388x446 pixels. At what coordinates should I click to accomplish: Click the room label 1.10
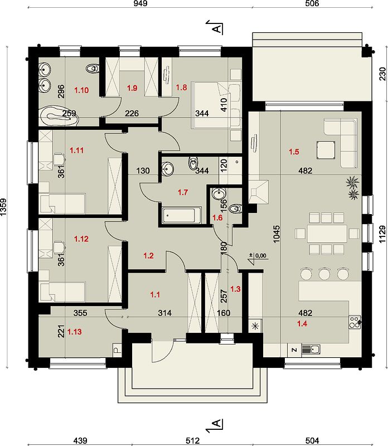(81, 90)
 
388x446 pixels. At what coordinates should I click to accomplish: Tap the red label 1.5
(294, 152)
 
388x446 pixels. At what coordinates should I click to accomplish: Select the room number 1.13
(75, 332)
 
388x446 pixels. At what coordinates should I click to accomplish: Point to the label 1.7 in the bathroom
(183, 192)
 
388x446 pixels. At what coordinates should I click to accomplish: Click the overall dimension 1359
(4, 207)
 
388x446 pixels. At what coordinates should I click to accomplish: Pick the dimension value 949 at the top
(140, 3)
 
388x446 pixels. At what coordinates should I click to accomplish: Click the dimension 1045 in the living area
(277, 234)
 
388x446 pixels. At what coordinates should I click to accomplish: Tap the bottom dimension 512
(193, 440)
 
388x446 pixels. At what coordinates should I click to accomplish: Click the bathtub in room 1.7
(182, 215)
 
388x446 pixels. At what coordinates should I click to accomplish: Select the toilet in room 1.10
(92, 68)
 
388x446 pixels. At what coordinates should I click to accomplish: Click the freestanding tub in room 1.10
(59, 116)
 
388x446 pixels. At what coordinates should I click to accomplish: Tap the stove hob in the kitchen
(355, 322)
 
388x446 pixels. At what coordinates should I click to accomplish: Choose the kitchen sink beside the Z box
(311, 349)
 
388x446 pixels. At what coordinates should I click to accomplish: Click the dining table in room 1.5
(326, 234)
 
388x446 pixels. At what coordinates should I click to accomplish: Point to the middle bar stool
(324, 273)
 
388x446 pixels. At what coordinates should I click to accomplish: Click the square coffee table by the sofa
(325, 150)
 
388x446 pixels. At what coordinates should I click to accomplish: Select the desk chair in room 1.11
(59, 158)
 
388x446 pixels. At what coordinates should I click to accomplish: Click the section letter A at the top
(217, 28)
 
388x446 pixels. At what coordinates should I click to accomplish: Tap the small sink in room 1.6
(219, 194)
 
